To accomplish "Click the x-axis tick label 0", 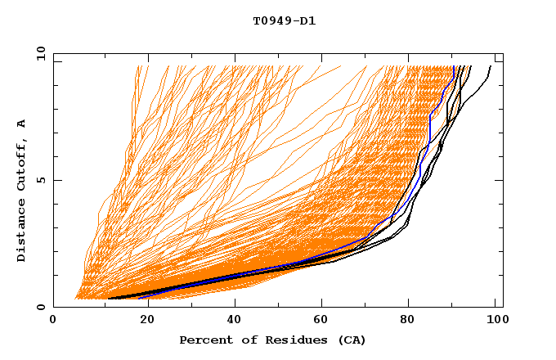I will [x=53, y=322].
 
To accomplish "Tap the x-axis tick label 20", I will [x=147, y=322].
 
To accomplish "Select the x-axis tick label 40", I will [x=235, y=322].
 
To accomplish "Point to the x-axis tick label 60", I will [x=324, y=322].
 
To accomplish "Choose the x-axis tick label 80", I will [x=412, y=322].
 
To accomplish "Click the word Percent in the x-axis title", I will [x=204, y=340].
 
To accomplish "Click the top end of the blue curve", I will [x=453, y=66].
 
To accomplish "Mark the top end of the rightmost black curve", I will [x=491, y=66].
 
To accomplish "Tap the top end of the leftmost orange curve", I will [x=136, y=66].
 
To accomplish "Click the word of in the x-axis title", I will [x=250, y=340].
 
